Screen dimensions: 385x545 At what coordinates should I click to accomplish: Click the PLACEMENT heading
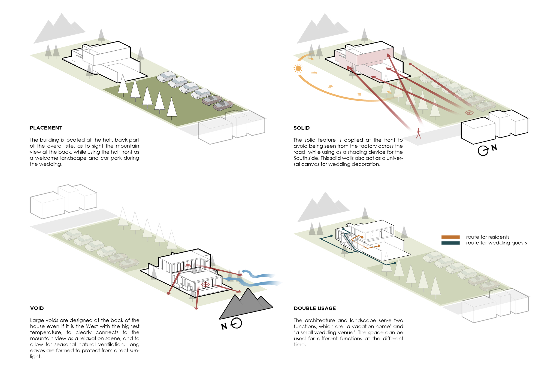(x=46, y=128)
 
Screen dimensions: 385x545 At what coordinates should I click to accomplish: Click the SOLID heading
(x=301, y=128)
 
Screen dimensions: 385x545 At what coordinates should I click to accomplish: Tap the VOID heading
(x=37, y=308)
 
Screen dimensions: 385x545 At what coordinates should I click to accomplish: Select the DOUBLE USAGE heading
(x=315, y=308)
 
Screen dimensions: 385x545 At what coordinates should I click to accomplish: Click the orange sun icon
(x=298, y=68)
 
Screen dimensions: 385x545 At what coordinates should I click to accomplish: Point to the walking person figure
(x=419, y=133)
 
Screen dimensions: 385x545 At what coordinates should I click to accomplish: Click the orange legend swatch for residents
(x=450, y=237)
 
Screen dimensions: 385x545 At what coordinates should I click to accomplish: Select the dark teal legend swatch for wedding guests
(x=450, y=243)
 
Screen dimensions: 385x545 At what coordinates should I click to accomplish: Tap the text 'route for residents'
(x=488, y=237)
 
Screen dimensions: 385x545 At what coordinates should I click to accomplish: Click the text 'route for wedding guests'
(x=496, y=243)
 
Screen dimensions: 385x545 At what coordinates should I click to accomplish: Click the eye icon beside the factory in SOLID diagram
(x=469, y=112)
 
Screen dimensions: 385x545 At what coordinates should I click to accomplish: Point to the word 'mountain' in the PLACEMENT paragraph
(x=127, y=146)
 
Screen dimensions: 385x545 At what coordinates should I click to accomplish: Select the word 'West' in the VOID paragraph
(x=92, y=326)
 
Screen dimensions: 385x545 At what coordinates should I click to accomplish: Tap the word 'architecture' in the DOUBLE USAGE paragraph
(x=320, y=320)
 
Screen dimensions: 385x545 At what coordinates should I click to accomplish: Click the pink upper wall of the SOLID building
(x=375, y=56)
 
